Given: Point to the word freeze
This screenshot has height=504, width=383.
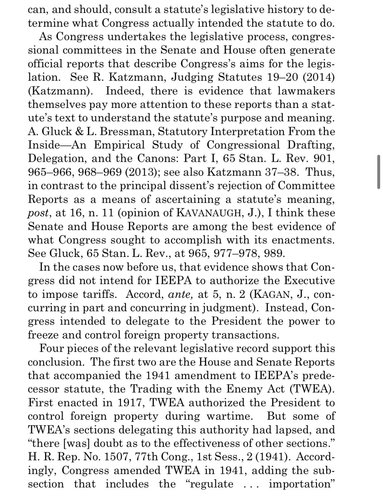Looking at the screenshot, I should pos(43,335).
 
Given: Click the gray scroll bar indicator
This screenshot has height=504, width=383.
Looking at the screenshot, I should pos(379,172).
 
